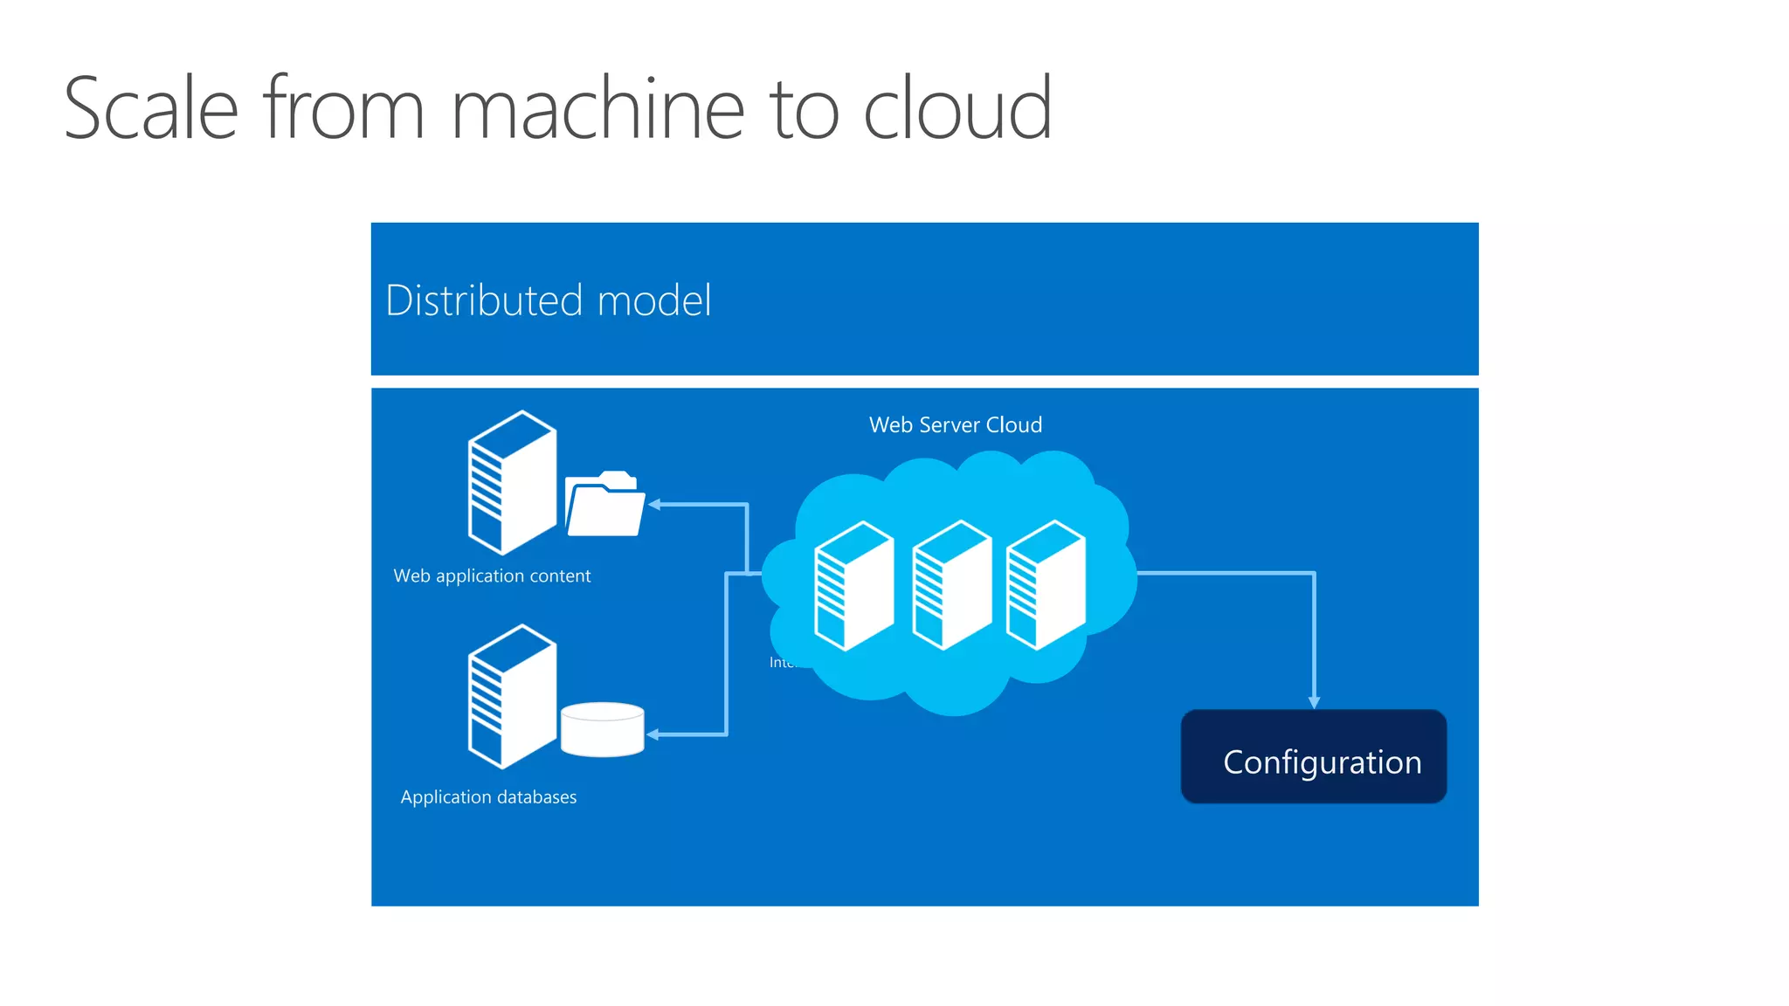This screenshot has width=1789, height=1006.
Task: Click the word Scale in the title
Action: (x=151, y=108)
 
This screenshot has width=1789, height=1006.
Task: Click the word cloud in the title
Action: (x=957, y=108)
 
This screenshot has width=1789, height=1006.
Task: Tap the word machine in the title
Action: (x=597, y=108)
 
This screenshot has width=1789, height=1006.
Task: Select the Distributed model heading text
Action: (x=548, y=300)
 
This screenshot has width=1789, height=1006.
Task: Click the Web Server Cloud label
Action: (x=955, y=425)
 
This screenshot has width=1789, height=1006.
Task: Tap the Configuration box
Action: (x=1313, y=757)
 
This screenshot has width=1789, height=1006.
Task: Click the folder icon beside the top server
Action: (x=604, y=506)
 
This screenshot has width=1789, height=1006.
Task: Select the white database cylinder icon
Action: (x=602, y=729)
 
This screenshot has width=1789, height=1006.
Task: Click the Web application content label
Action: (x=492, y=576)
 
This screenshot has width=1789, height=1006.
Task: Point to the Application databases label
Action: (x=488, y=797)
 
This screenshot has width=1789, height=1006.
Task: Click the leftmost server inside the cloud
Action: (x=853, y=586)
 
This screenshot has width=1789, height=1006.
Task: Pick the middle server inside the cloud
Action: (x=951, y=585)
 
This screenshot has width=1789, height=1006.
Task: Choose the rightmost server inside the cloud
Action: (x=1046, y=585)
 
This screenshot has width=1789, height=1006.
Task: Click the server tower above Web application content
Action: (x=512, y=483)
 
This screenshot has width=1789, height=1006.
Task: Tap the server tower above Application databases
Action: (x=512, y=697)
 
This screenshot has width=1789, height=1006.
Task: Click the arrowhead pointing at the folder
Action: (x=654, y=505)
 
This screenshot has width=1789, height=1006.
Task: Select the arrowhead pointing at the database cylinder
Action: (x=653, y=734)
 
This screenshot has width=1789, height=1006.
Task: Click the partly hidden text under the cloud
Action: (x=782, y=663)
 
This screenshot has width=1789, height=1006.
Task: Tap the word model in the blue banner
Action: (x=654, y=300)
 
